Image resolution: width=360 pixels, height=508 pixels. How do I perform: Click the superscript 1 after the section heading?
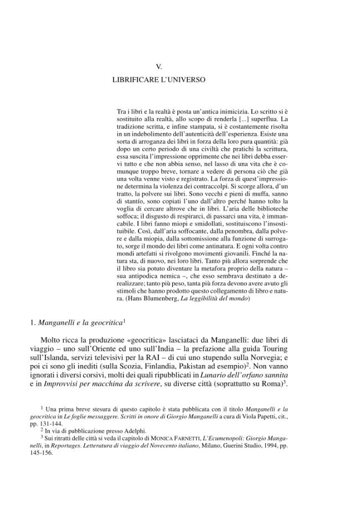125,319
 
